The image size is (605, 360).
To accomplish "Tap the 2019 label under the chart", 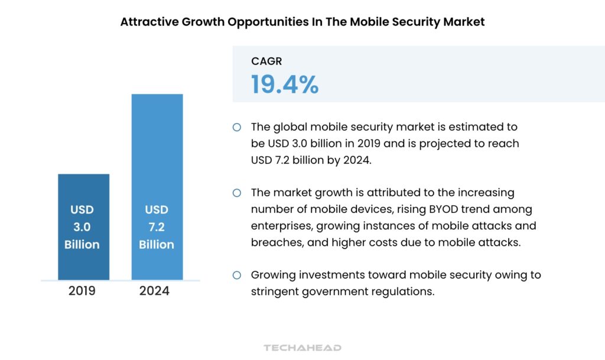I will pos(81,291).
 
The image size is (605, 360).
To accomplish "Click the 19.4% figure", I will pos(285,85).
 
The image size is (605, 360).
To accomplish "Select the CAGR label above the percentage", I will pos(267,61).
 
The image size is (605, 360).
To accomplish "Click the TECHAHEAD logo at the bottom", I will pos(302,348).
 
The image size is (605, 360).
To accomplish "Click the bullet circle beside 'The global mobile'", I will pos(237,127).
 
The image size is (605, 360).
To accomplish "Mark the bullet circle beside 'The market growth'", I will pos(237,193).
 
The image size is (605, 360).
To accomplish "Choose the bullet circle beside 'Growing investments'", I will pos(237,275).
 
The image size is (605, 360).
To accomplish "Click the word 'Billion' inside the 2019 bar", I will pos(82,244).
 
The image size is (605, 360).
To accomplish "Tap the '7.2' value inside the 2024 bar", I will pos(157,227).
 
